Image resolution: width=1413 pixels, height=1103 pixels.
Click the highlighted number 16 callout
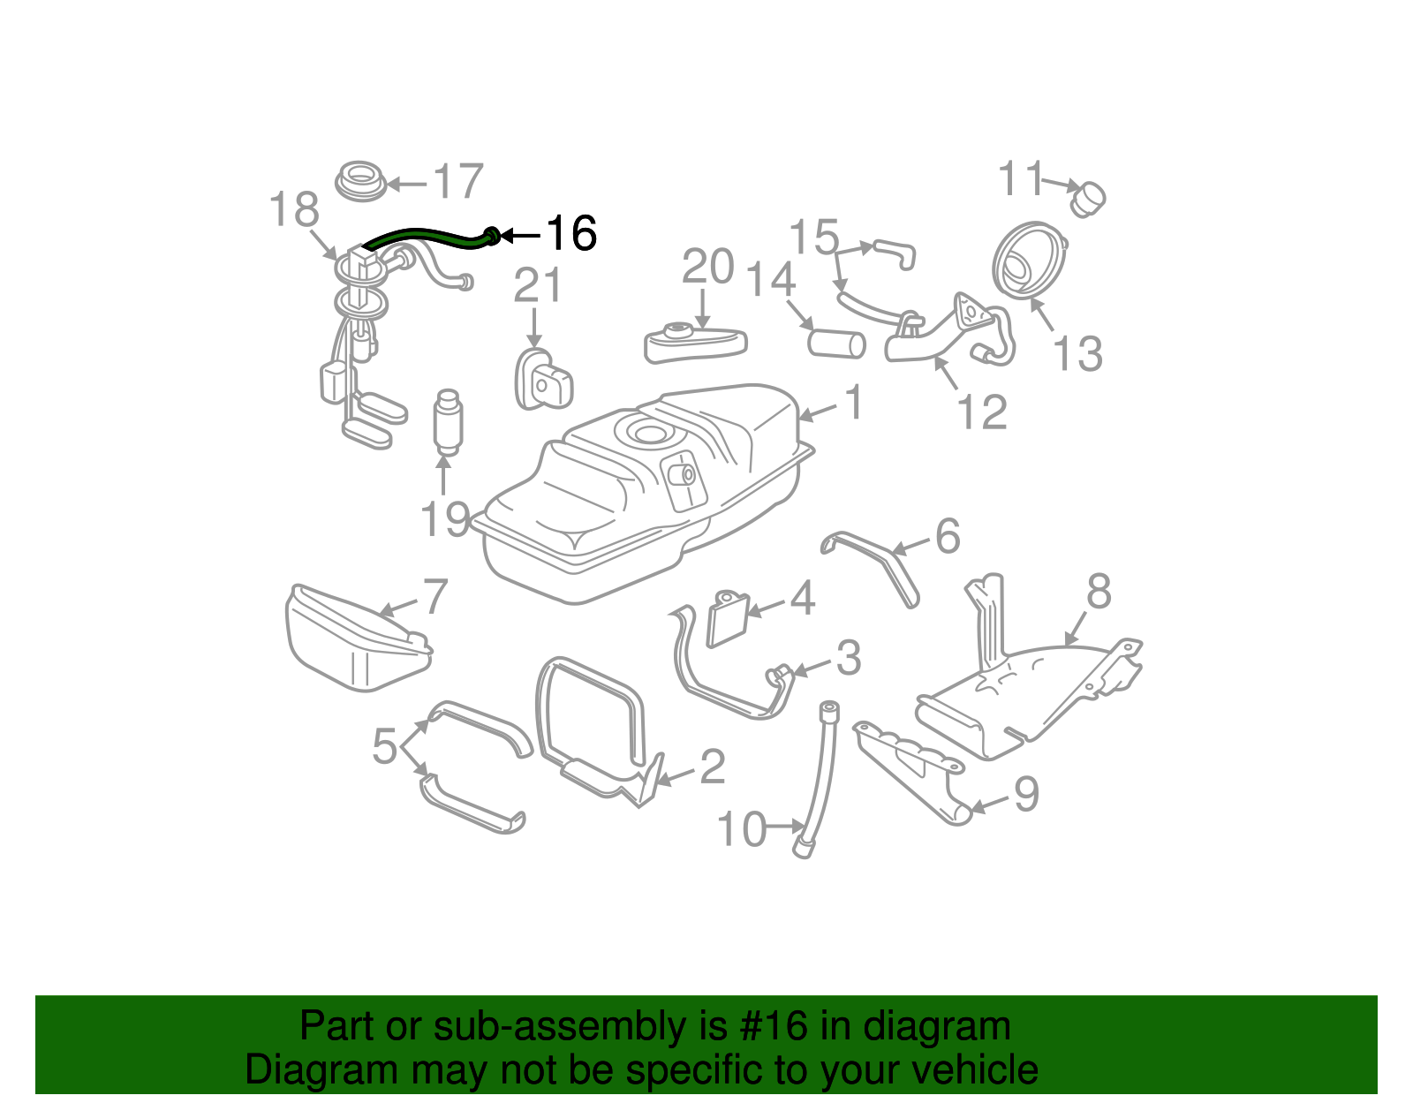click(571, 234)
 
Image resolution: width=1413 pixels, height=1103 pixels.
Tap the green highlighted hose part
click(424, 235)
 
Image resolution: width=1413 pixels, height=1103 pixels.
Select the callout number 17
click(458, 182)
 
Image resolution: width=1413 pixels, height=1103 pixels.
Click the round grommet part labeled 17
click(360, 180)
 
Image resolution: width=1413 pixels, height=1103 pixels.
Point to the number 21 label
click(538, 286)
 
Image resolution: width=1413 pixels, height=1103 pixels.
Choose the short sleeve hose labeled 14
click(836, 343)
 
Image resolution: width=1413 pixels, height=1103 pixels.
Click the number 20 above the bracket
click(708, 267)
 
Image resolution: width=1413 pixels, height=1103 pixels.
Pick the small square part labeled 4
click(729, 618)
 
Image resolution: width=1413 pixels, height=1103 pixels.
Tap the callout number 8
click(1099, 592)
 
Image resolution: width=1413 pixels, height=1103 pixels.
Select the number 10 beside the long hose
click(740, 830)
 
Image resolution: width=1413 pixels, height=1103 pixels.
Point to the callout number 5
click(385, 746)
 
